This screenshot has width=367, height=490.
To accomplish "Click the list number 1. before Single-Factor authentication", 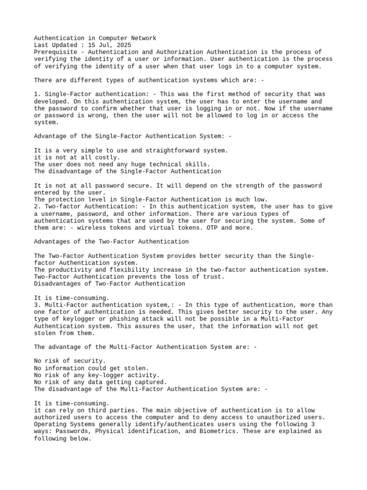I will tap(38, 94).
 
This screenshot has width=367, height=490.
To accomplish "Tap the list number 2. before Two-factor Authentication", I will tap(38, 206).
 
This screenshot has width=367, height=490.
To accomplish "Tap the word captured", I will tap(151, 382).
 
